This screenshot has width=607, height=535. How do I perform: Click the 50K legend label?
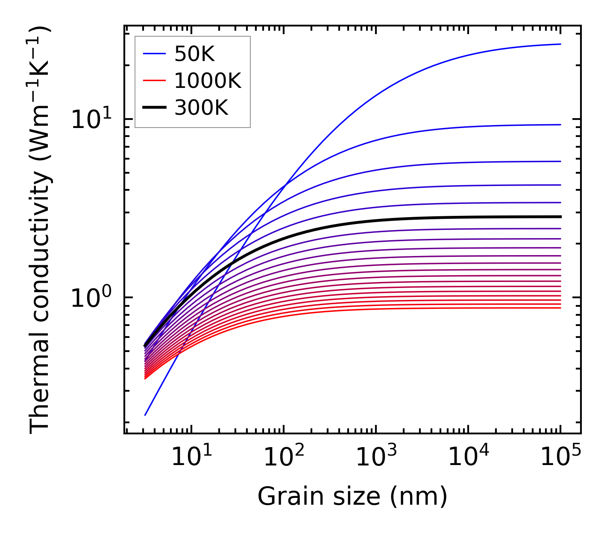point(194,54)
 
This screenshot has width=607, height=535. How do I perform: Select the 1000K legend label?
point(208,81)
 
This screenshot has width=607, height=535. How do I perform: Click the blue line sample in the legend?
point(154,54)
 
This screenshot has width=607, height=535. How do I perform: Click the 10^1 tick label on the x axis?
point(191,457)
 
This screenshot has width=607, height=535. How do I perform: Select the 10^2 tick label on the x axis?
point(284,457)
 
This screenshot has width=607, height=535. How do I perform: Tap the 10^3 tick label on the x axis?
point(376,457)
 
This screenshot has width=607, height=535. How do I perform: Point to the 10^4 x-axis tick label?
point(468,457)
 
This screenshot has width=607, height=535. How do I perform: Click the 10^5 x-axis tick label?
point(560,457)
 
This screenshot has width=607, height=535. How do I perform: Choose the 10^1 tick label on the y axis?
point(90,120)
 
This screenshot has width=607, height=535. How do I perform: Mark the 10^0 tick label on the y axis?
point(90,298)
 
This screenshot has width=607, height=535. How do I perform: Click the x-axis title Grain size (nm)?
point(352,497)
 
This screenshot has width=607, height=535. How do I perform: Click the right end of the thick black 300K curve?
point(560,217)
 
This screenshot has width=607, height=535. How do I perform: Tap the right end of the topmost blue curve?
point(560,44)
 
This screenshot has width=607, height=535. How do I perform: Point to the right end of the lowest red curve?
point(560,308)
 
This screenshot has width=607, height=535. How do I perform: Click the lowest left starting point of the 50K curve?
point(145,415)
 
